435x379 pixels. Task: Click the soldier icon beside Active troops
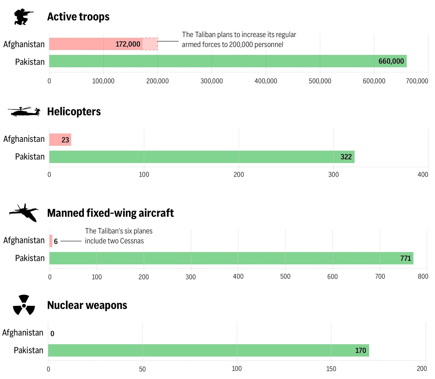(23, 17)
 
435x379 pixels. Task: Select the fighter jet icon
(24, 213)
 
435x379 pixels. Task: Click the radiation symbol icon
(24, 305)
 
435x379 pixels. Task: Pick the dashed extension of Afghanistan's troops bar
(150, 44)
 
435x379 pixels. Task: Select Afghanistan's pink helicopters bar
(60, 140)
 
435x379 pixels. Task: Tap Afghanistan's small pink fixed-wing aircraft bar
(51, 241)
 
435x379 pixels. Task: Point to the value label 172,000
(128, 44)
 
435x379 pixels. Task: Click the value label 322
(346, 157)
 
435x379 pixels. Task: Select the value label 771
(405, 258)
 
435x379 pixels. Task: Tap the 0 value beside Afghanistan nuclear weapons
(52, 334)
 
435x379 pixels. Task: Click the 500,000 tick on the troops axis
(320, 81)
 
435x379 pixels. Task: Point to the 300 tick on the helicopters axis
(333, 175)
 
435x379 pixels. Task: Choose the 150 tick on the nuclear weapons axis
(331, 369)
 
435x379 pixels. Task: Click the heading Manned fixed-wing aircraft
(110, 213)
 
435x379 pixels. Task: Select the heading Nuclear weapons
(87, 305)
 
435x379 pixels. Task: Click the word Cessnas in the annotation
(132, 241)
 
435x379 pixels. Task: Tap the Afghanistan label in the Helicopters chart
(24, 139)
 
